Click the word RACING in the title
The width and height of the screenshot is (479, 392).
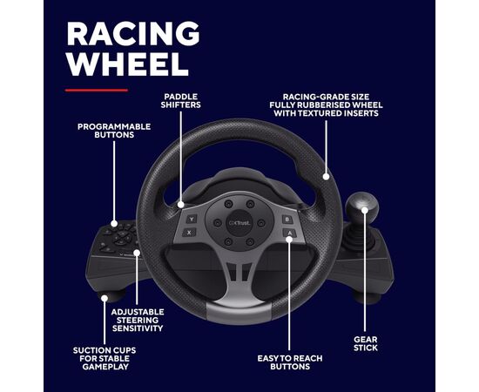point(133,33)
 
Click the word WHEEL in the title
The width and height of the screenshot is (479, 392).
point(127,64)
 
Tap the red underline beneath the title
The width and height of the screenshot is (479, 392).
point(97,90)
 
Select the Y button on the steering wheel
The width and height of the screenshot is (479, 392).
point(192,219)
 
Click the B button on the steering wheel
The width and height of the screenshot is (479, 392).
point(287,219)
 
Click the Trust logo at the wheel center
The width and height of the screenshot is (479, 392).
point(239,223)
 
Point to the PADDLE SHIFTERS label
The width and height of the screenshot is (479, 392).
point(181,101)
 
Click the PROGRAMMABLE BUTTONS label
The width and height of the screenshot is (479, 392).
point(114,131)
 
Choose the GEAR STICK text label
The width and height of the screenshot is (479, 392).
point(366,343)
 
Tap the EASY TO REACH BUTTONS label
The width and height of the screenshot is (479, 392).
point(290,362)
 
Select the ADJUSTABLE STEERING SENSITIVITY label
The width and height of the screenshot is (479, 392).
point(138,321)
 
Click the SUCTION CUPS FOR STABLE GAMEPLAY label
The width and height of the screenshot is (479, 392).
point(105,358)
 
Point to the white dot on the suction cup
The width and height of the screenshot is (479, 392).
point(105,298)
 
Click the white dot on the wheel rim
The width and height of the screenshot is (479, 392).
point(326,176)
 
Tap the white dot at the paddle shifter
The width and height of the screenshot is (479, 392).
point(181,205)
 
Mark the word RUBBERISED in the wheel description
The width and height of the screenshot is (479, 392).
point(326,105)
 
